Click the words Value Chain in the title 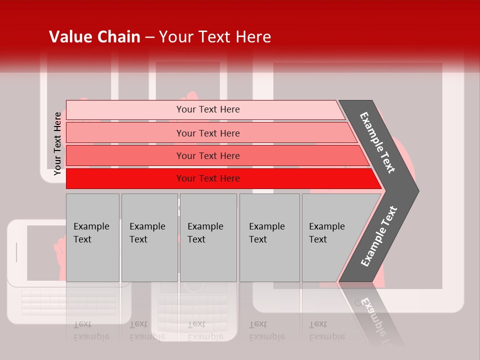pyautogui.click(x=94, y=37)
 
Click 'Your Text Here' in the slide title pyautogui.click(x=215, y=37)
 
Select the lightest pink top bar pyautogui.click(x=125, y=110)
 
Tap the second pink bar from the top pyautogui.click(x=125, y=133)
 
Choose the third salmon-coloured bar pyautogui.click(x=125, y=155)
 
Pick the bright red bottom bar pyautogui.click(x=125, y=178)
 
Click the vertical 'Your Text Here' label pyautogui.click(x=57, y=144)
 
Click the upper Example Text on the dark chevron pyautogui.click(x=377, y=142)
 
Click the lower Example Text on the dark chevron pyautogui.click(x=379, y=236)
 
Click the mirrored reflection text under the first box pyautogui.click(x=91, y=330)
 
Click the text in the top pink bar pyautogui.click(x=208, y=109)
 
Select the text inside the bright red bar pyautogui.click(x=208, y=178)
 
